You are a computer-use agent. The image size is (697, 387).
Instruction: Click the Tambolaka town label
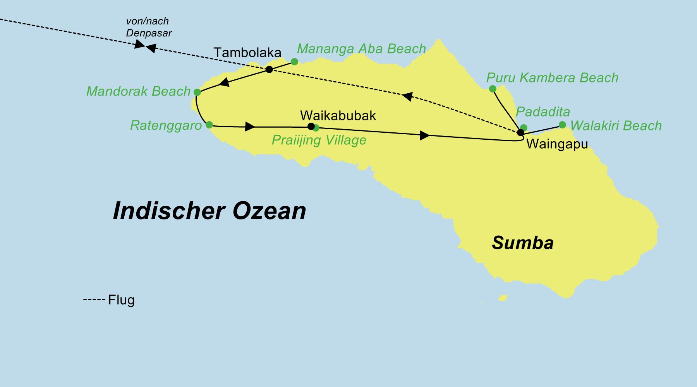tap(247, 53)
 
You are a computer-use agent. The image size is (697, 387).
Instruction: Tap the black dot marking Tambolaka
tap(269, 70)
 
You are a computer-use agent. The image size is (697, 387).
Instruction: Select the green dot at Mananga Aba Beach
tap(294, 62)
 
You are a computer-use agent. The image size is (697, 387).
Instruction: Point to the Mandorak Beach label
tap(138, 91)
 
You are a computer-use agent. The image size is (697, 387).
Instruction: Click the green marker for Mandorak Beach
tap(197, 92)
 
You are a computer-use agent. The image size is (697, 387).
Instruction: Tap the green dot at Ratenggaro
tap(209, 125)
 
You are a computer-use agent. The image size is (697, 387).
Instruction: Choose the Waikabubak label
tap(338, 115)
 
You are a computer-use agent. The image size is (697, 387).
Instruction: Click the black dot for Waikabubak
tap(311, 126)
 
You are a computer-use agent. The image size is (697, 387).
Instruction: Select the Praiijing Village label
tap(319, 140)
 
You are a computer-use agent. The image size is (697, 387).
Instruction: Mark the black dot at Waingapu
tap(520, 132)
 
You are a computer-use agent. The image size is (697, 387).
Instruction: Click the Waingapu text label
tap(557, 144)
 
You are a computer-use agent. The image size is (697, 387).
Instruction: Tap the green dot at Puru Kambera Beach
tap(493, 89)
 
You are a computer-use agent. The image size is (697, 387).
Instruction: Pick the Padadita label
tap(543, 112)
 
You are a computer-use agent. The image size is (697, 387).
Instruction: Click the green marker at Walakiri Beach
tap(562, 125)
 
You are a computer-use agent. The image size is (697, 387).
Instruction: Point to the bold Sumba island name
tap(522, 243)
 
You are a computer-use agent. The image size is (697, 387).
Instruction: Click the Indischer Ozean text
tap(209, 211)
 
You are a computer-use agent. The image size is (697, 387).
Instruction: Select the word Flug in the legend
tap(121, 300)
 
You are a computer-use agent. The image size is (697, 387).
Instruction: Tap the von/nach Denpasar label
tap(149, 27)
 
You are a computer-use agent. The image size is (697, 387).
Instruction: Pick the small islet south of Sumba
tap(503, 298)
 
